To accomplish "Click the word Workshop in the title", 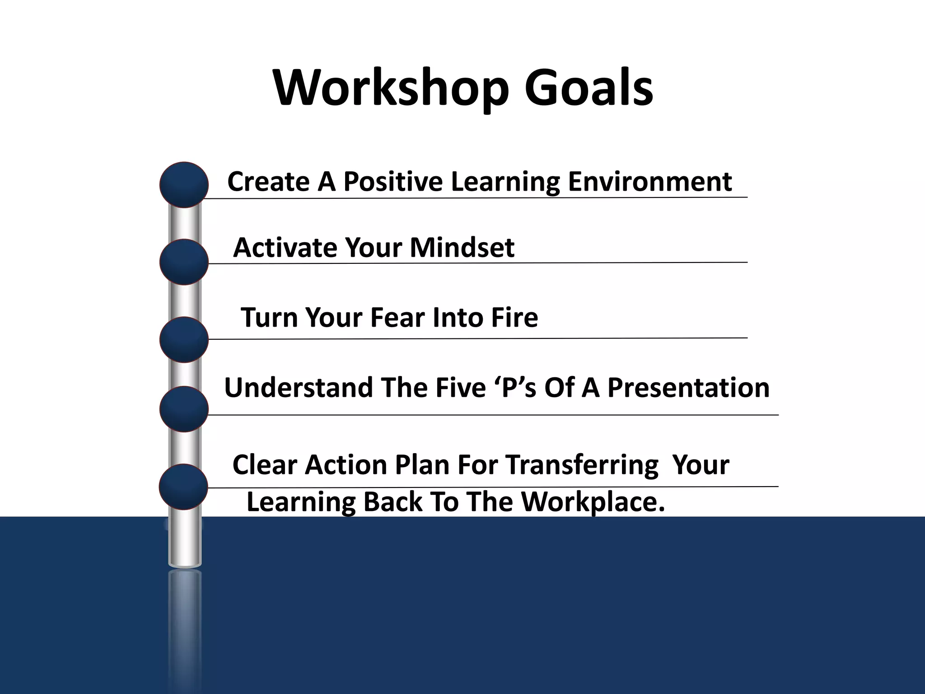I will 391,88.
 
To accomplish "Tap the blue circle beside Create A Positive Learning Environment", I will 184,185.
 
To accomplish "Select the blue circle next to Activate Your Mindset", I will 184,262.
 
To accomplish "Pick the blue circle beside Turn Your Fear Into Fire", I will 184,340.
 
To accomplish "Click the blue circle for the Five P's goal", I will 184,409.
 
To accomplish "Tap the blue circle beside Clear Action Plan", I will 183,487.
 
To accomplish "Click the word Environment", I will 649,182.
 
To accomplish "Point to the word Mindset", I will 462,248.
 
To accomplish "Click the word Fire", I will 514,317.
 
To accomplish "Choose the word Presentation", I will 688,388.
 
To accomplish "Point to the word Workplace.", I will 593,502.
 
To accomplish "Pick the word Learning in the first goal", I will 505,182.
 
